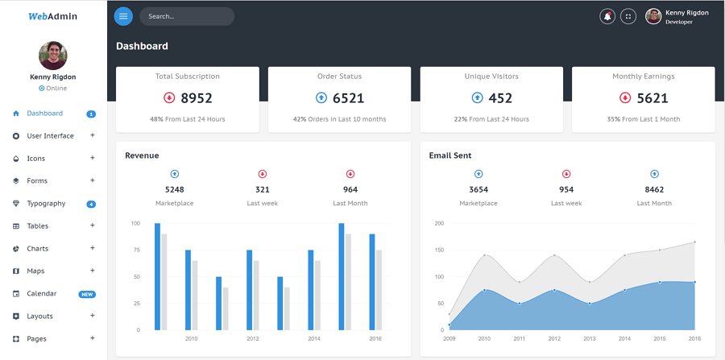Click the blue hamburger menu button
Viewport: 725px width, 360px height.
pos(123,16)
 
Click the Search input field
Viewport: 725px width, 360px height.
pos(186,16)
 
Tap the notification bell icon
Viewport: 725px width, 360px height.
pos(607,16)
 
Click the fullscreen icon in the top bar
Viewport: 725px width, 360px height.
pos(628,16)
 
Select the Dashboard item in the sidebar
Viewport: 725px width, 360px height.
pos(44,114)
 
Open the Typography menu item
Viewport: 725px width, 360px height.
pos(46,204)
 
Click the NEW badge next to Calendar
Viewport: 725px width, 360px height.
pos(87,294)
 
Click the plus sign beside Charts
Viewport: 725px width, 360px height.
pos(93,248)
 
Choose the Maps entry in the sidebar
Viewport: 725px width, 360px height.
pos(35,271)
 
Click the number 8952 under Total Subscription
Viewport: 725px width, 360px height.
pos(197,98)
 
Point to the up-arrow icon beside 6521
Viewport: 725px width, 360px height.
pos(321,97)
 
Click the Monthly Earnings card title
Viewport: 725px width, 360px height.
pos(643,77)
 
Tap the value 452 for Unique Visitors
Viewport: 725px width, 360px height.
pos(500,98)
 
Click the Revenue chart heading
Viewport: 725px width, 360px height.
pos(142,155)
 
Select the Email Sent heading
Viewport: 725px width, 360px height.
pos(450,155)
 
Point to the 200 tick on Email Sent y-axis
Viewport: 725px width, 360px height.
pos(439,223)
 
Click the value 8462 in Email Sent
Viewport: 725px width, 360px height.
pos(654,190)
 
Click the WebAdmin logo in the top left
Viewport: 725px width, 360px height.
pos(52,16)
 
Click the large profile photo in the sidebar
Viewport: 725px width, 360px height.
pos(53,56)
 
